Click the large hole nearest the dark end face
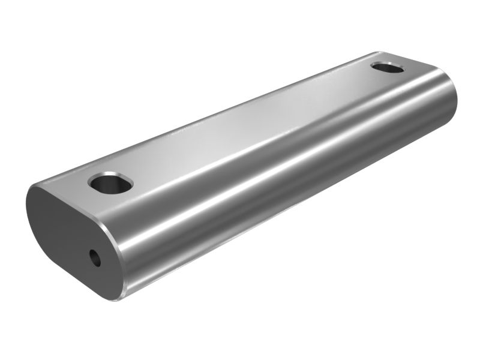point(109,182)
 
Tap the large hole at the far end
point(388,67)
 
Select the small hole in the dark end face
point(95,258)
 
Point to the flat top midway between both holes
point(246,126)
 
